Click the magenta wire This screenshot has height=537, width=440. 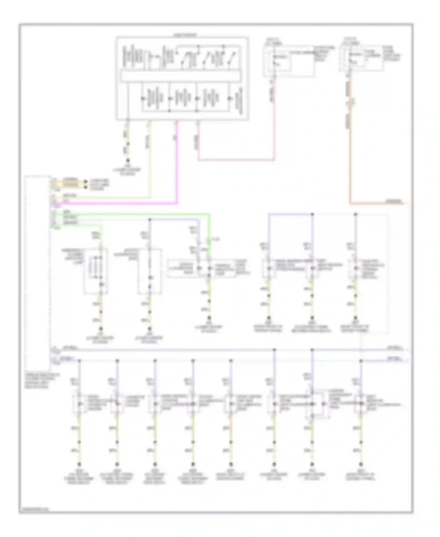pyautogui.click(x=177, y=165)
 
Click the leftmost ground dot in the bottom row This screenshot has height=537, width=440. pyautogui.click(x=79, y=464)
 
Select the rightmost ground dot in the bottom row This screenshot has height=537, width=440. pyautogui.click(x=361, y=464)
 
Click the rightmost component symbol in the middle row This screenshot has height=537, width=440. pyautogui.click(x=356, y=269)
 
